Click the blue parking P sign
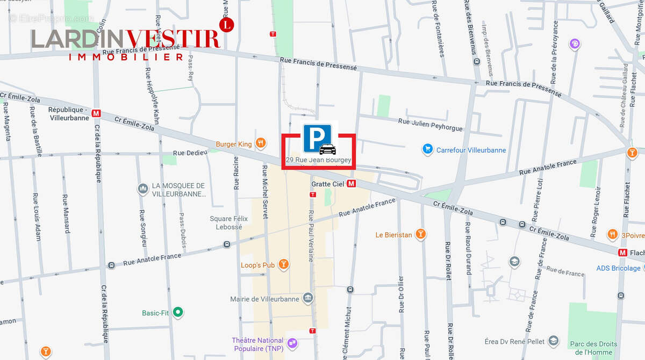(x=317, y=138)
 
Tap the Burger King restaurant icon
(x=261, y=143)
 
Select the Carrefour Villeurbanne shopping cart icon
(x=427, y=149)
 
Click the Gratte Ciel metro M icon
(x=352, y=184)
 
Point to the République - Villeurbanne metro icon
(x=96, y=113)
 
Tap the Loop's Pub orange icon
(x=284, y=264)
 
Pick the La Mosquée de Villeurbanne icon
(x=142, y=189)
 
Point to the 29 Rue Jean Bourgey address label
(x=318, y=160)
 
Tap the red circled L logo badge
(x=227, y=24)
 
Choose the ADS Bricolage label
(x=618, y=268)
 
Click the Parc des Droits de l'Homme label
(x=593, y=348)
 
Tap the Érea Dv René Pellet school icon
(x=554, y=341)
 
